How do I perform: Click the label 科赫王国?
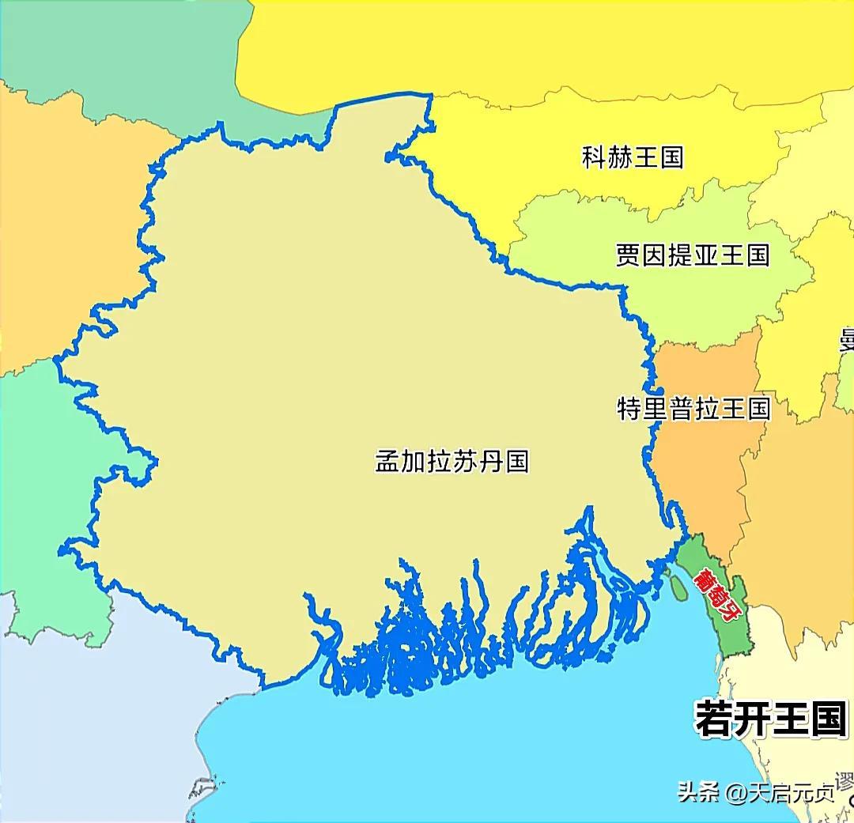(x=632, y=157)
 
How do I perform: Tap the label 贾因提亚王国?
(x=692, y=255)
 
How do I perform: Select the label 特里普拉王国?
(x=693, y=409)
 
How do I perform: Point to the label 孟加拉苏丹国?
(x=452, y=461)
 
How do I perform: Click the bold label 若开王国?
(x=771, y=719)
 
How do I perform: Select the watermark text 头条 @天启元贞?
(x=756, y=792)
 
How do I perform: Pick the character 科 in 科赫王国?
(x=594, y=157)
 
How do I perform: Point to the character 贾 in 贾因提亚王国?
(x=629, y=255)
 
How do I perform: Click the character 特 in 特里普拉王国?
(x=630, y=409)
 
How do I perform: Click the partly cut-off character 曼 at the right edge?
(x=847, y=340)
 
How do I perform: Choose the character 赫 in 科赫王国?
(x=619, y=157)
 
